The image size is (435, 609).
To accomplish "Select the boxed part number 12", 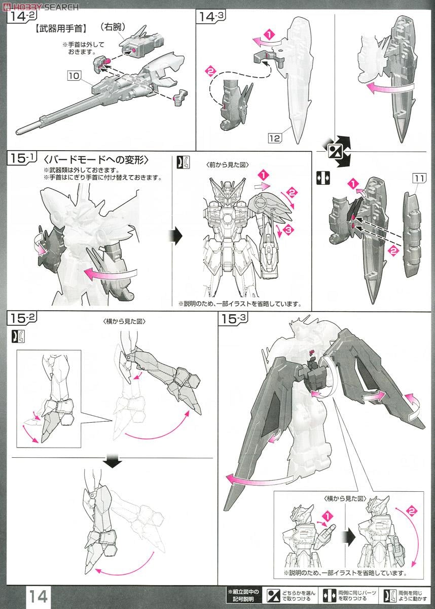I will coord(276,136).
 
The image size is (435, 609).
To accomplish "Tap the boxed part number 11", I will coord(419,178).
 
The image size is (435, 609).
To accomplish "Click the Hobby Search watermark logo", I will coord(41,6).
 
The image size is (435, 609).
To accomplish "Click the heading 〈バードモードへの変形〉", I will coord(96,160).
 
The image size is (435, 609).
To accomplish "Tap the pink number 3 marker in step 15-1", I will coord(288,231).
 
